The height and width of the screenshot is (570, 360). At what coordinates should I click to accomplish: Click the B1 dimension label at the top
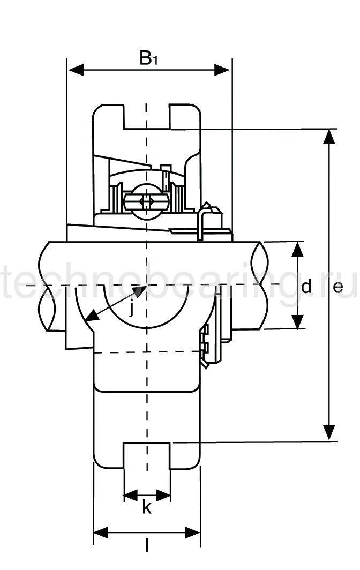148,58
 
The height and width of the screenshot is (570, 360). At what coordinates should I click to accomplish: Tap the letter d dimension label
306,287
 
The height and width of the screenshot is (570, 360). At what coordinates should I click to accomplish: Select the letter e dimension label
337,287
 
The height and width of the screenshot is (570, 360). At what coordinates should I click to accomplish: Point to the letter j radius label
132,309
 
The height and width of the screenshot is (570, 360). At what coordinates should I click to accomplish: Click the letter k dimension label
146,507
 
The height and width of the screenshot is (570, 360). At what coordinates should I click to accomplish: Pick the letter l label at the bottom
147,546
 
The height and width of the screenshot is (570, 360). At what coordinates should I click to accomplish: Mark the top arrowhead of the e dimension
329,136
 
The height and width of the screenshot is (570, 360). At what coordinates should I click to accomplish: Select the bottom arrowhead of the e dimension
329,433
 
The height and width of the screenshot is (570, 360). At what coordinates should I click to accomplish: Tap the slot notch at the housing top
147,117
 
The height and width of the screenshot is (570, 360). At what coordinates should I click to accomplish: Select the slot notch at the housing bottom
147,455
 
